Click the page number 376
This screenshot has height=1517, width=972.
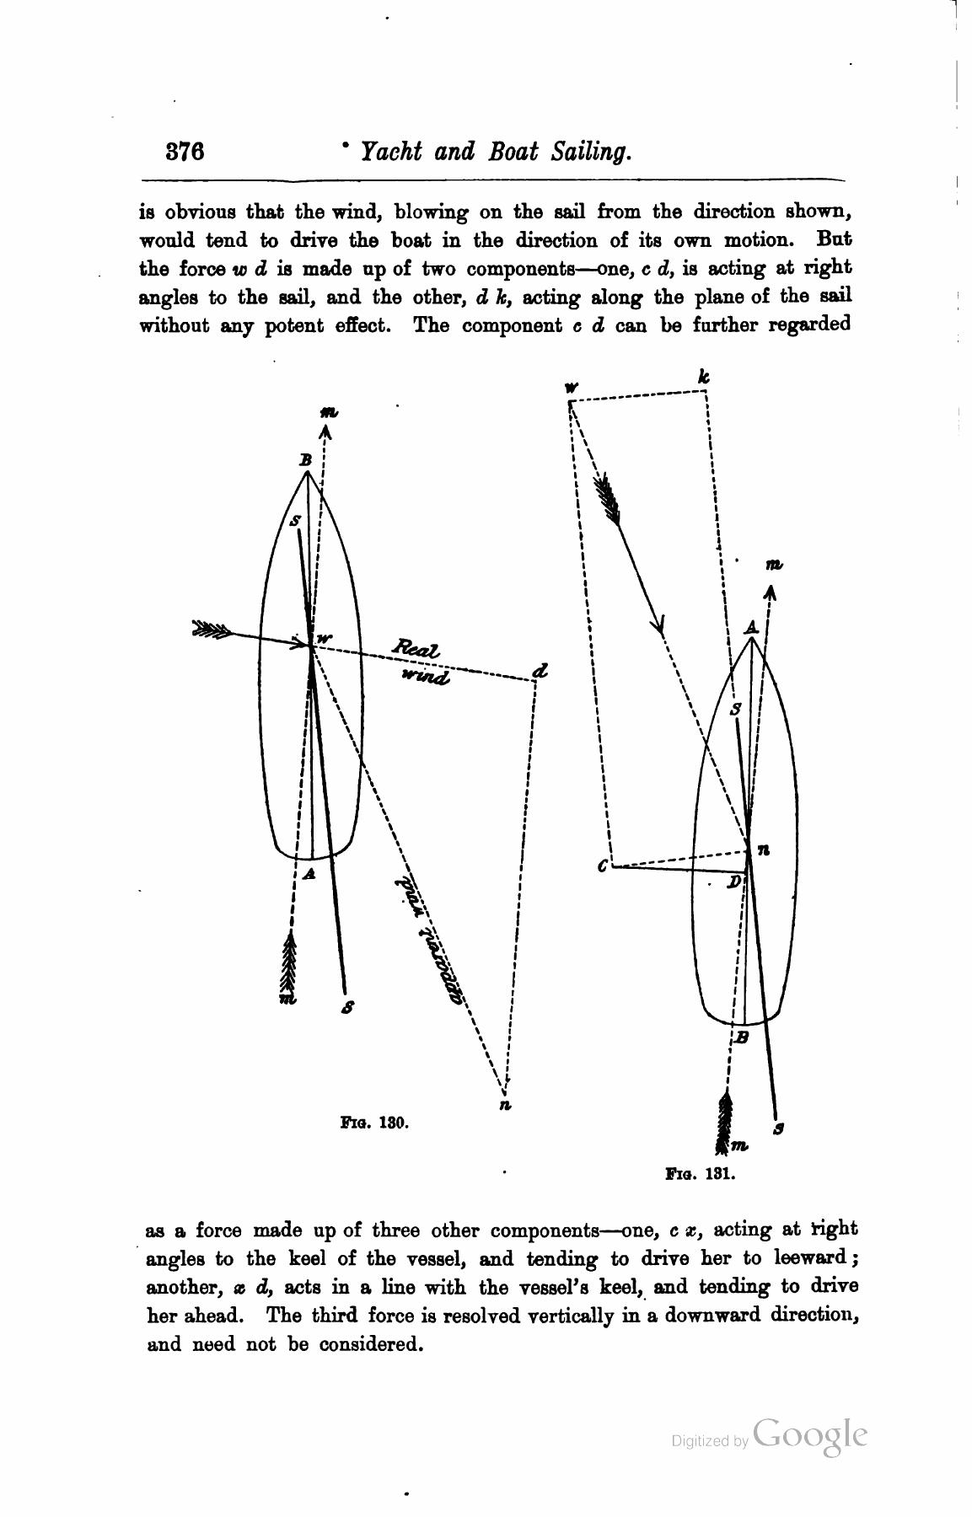[x=185, y=152]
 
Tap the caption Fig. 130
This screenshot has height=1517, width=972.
[x=374, y=1123]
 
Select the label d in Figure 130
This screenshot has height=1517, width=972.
[x=540, y=672]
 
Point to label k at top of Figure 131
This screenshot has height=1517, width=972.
[x=704, y=377]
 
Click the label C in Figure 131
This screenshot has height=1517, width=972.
[x=602, y=866]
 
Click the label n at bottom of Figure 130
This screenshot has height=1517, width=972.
[x=504, y=1105]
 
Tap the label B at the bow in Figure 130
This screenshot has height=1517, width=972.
[x=306, y=460]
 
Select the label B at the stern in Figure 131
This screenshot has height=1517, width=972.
[x=741, y=1037]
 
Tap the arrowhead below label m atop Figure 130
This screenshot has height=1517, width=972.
[x=326, y=432]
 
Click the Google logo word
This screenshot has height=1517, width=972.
[x=810, y=1434]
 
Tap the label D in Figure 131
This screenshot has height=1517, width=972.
[x=734, y=882]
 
